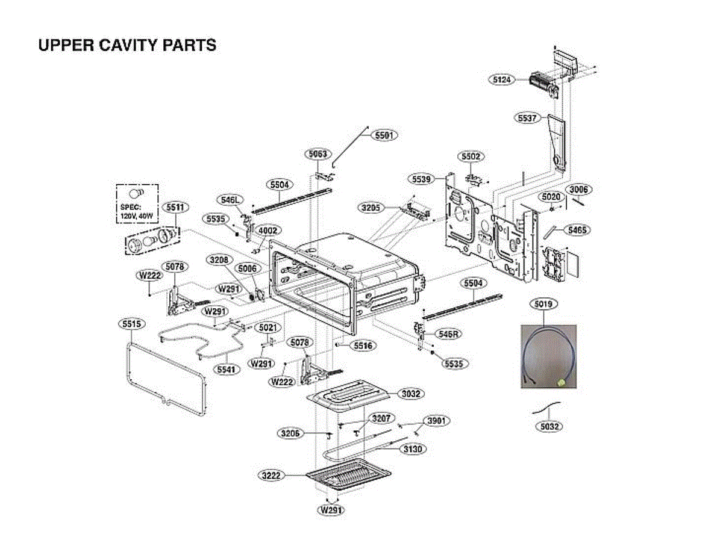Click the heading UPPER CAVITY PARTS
coord(127,45)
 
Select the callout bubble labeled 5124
coord(502,79)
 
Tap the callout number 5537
coord(527,118)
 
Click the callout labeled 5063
coord(318,155)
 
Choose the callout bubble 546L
coord(229,200)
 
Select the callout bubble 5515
coord(131,324)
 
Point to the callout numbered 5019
coord(543,304)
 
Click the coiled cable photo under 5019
coord(548,358)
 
